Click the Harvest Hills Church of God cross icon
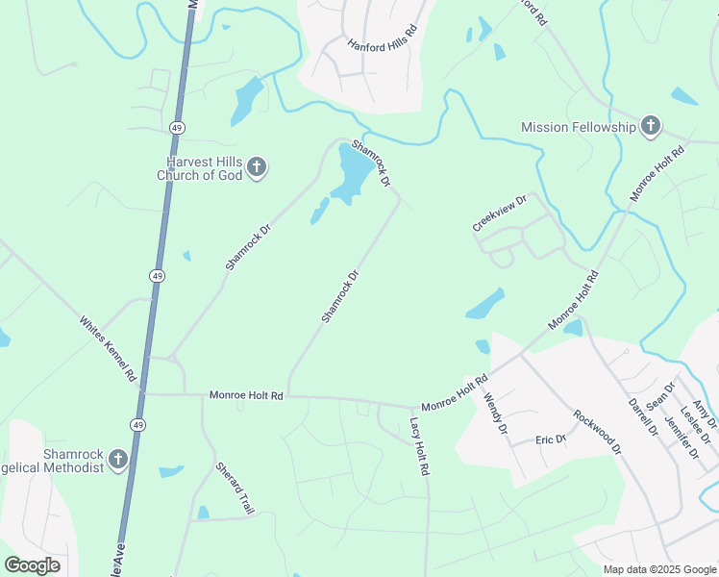[257, 168]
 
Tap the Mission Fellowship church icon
[651, 126]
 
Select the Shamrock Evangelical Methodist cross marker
[117, 460]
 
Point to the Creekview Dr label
[501, 213]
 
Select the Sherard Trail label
[235, 486]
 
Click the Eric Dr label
[551, 440]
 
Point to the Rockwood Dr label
[598, 433]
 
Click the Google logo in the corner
[32, 565]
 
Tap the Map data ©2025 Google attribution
[659, 569]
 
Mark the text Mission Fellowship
[579, 127]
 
